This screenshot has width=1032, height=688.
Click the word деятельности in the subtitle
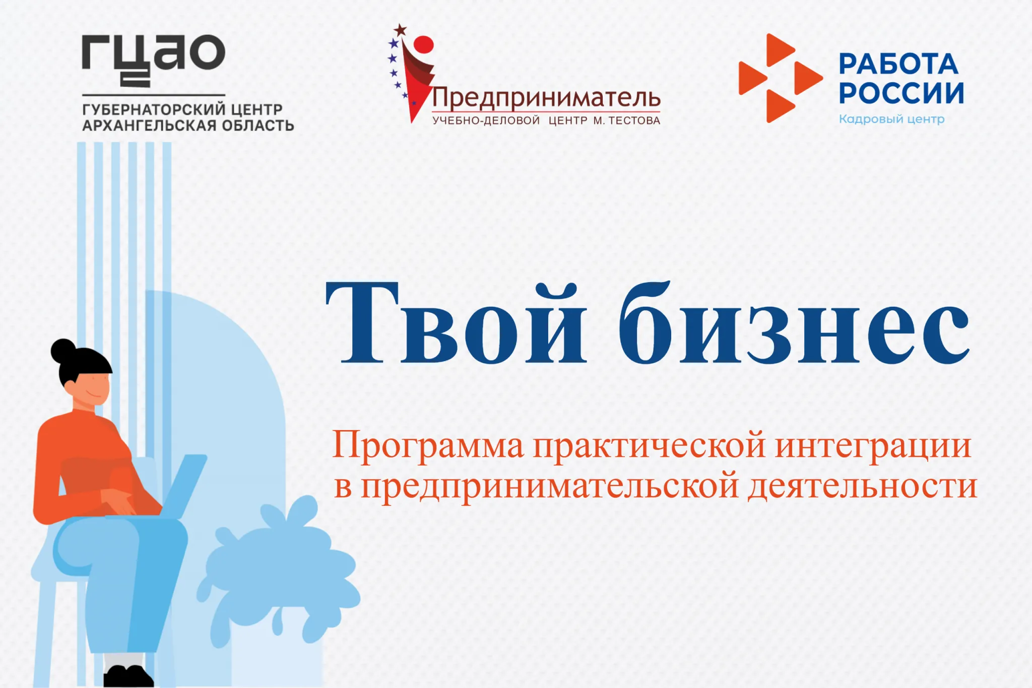[x=862, y=486]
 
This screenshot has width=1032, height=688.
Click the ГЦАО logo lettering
[x=154, y=60]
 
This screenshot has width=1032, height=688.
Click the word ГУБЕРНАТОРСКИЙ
[x=154, y=109]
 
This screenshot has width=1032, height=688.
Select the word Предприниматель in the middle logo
[x=546, y=98]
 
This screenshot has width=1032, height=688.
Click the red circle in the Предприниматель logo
[x=423, y=45]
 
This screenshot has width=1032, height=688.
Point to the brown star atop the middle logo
[x=400, y=30]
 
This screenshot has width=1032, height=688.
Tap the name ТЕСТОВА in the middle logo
[x=634, y=121]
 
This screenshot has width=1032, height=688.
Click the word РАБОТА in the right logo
[x=898, y=64]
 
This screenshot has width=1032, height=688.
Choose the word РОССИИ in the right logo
[x=901, y=93]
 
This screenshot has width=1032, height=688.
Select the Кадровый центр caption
[x=891, y=119]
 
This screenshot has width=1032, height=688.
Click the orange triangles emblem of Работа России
[x=780, y=78]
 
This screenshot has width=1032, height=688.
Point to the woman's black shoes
[x=128, y=676]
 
